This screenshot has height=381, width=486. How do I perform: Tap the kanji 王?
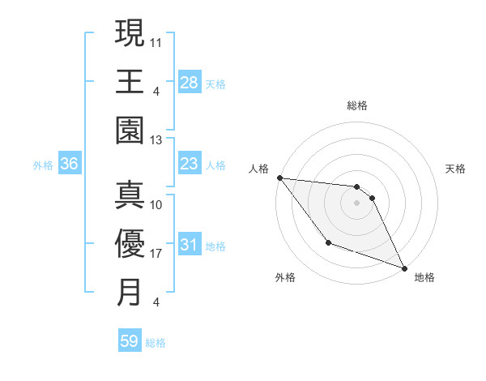click(130, 81)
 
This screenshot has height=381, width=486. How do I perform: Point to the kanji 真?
click(130, 195)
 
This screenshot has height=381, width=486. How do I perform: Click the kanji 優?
click(130, 243)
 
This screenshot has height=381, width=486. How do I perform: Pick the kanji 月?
click(130, 292)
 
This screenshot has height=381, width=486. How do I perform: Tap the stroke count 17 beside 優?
click(156, 254)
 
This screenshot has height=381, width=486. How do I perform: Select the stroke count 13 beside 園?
click(156, 140)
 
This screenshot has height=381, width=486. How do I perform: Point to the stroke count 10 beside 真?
click(156, 205)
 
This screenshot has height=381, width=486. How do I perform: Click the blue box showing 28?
click(189, 83)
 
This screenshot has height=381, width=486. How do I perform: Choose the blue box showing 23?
click(189, 165)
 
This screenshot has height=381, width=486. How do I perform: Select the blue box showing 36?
click(70, 165)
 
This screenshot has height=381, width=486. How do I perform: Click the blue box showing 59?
click(130, 341)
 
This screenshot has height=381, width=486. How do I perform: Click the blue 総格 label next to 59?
click(156, 343)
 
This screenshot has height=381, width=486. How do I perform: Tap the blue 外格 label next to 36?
click(43, 165)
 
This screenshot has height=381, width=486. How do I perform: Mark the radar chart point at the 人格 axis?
click(279, 178)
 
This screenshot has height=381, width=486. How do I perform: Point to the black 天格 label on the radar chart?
click(455, 169)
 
